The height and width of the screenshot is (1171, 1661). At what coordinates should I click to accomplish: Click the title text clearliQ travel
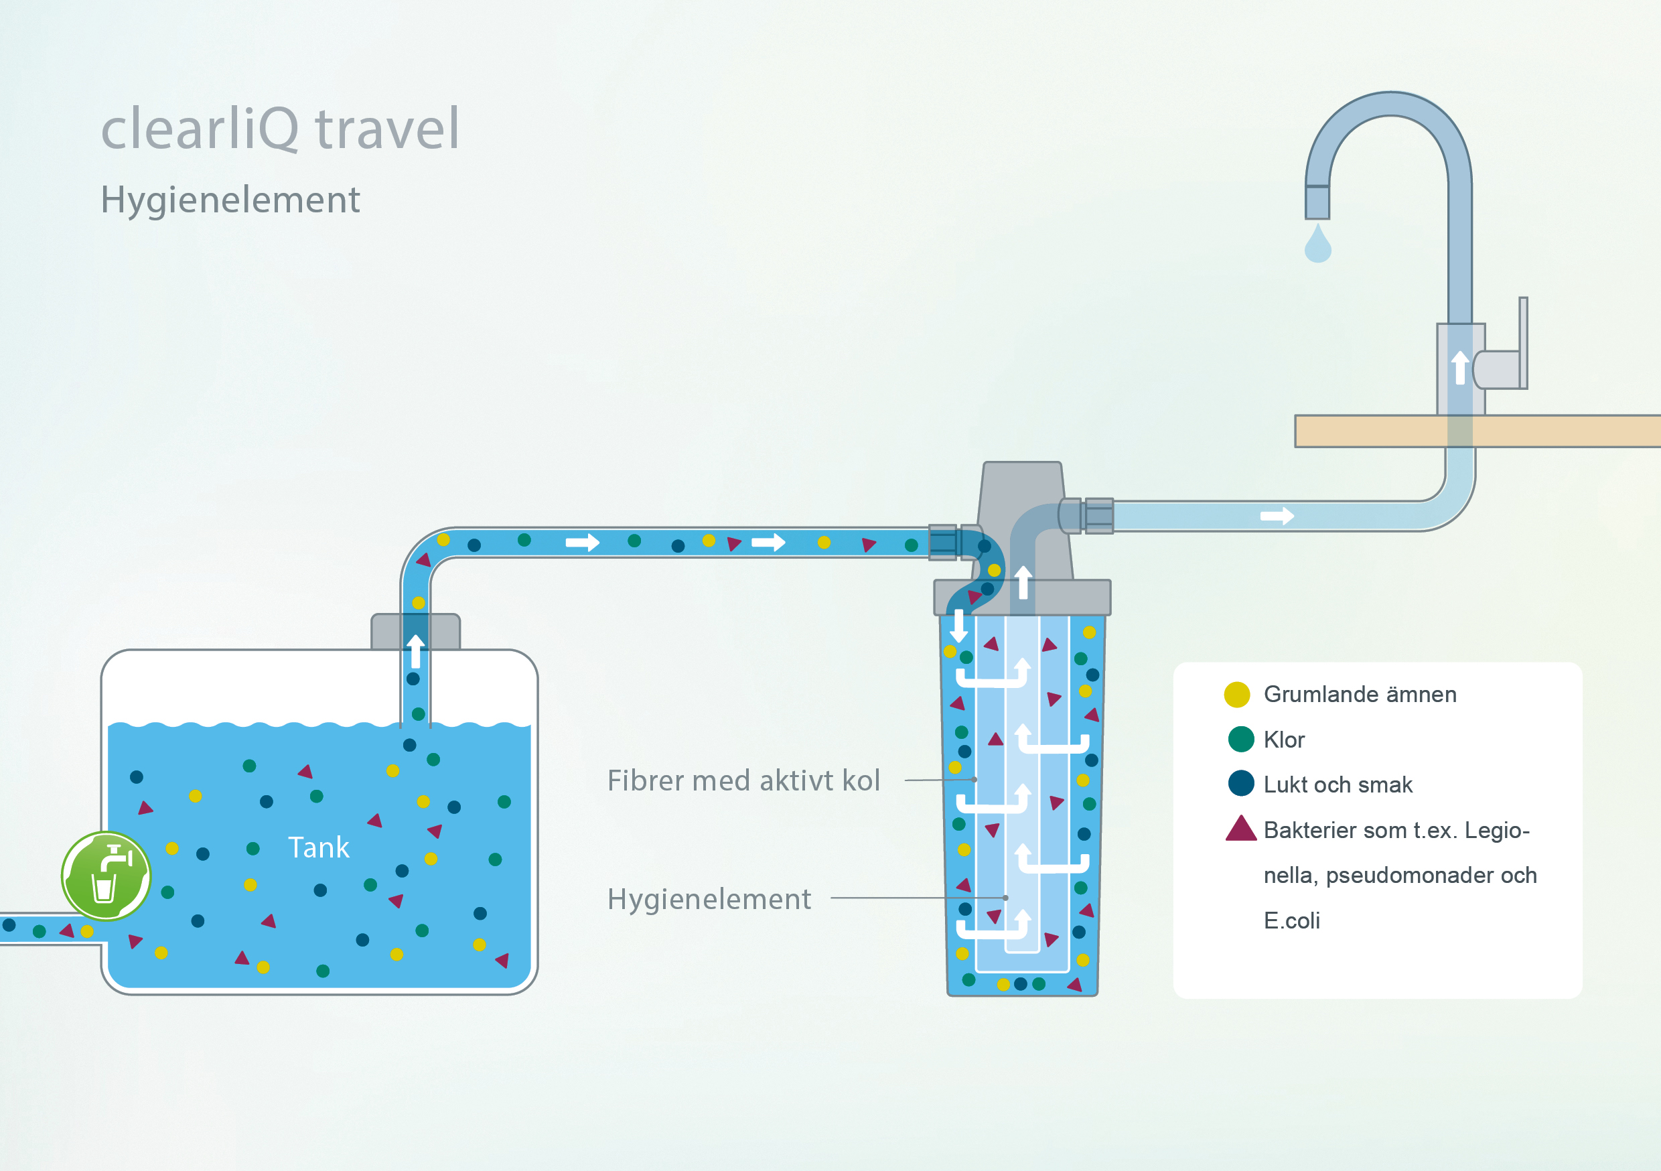click(x=280, y=128)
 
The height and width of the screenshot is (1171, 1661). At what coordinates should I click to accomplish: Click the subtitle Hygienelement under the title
click(x=230, y=200)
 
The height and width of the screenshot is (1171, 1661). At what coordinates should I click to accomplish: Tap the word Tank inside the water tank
click(x=318, y=847)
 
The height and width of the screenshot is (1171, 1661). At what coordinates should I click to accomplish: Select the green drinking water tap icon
click(x=106, y=876)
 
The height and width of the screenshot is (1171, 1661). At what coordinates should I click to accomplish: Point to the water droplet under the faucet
click(x=1317, y=245)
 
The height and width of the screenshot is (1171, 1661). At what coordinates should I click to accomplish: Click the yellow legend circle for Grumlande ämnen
click(x=1236, y=695)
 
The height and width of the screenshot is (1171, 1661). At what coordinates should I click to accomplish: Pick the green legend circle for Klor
click(x=1240, y=740)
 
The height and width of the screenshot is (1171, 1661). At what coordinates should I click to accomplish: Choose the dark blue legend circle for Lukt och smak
click(x=1240, y=784)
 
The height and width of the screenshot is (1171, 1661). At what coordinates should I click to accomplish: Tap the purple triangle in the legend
click(x=1240, y=829)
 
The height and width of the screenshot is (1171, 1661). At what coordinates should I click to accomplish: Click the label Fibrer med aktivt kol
click(x=743, y=781)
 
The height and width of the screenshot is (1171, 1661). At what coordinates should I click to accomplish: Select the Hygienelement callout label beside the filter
click(x=709, y=899)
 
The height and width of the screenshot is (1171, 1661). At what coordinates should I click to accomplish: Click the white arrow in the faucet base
click(x=1460, y=367)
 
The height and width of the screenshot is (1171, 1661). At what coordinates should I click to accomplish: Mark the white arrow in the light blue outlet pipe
click(x=1277, y=516)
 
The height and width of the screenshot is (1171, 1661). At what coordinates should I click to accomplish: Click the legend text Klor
click(x=1284, y=740)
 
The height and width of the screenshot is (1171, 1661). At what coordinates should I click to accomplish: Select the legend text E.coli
click(x=1291, y=920)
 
